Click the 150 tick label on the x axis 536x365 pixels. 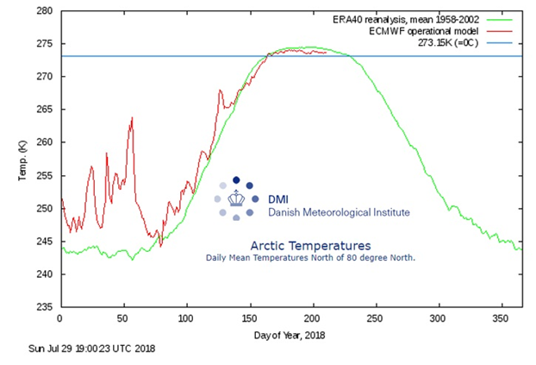tap(248, 318)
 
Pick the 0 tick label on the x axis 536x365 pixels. tap(59, 318)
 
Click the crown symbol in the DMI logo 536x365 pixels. tap(236, 198)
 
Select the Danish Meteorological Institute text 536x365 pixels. tap(339, 211)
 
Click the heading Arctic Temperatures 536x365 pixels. tap(310, 245)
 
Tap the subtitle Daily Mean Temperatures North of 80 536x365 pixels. tap(310, 258)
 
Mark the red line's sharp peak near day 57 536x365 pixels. tap(132, 117)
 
